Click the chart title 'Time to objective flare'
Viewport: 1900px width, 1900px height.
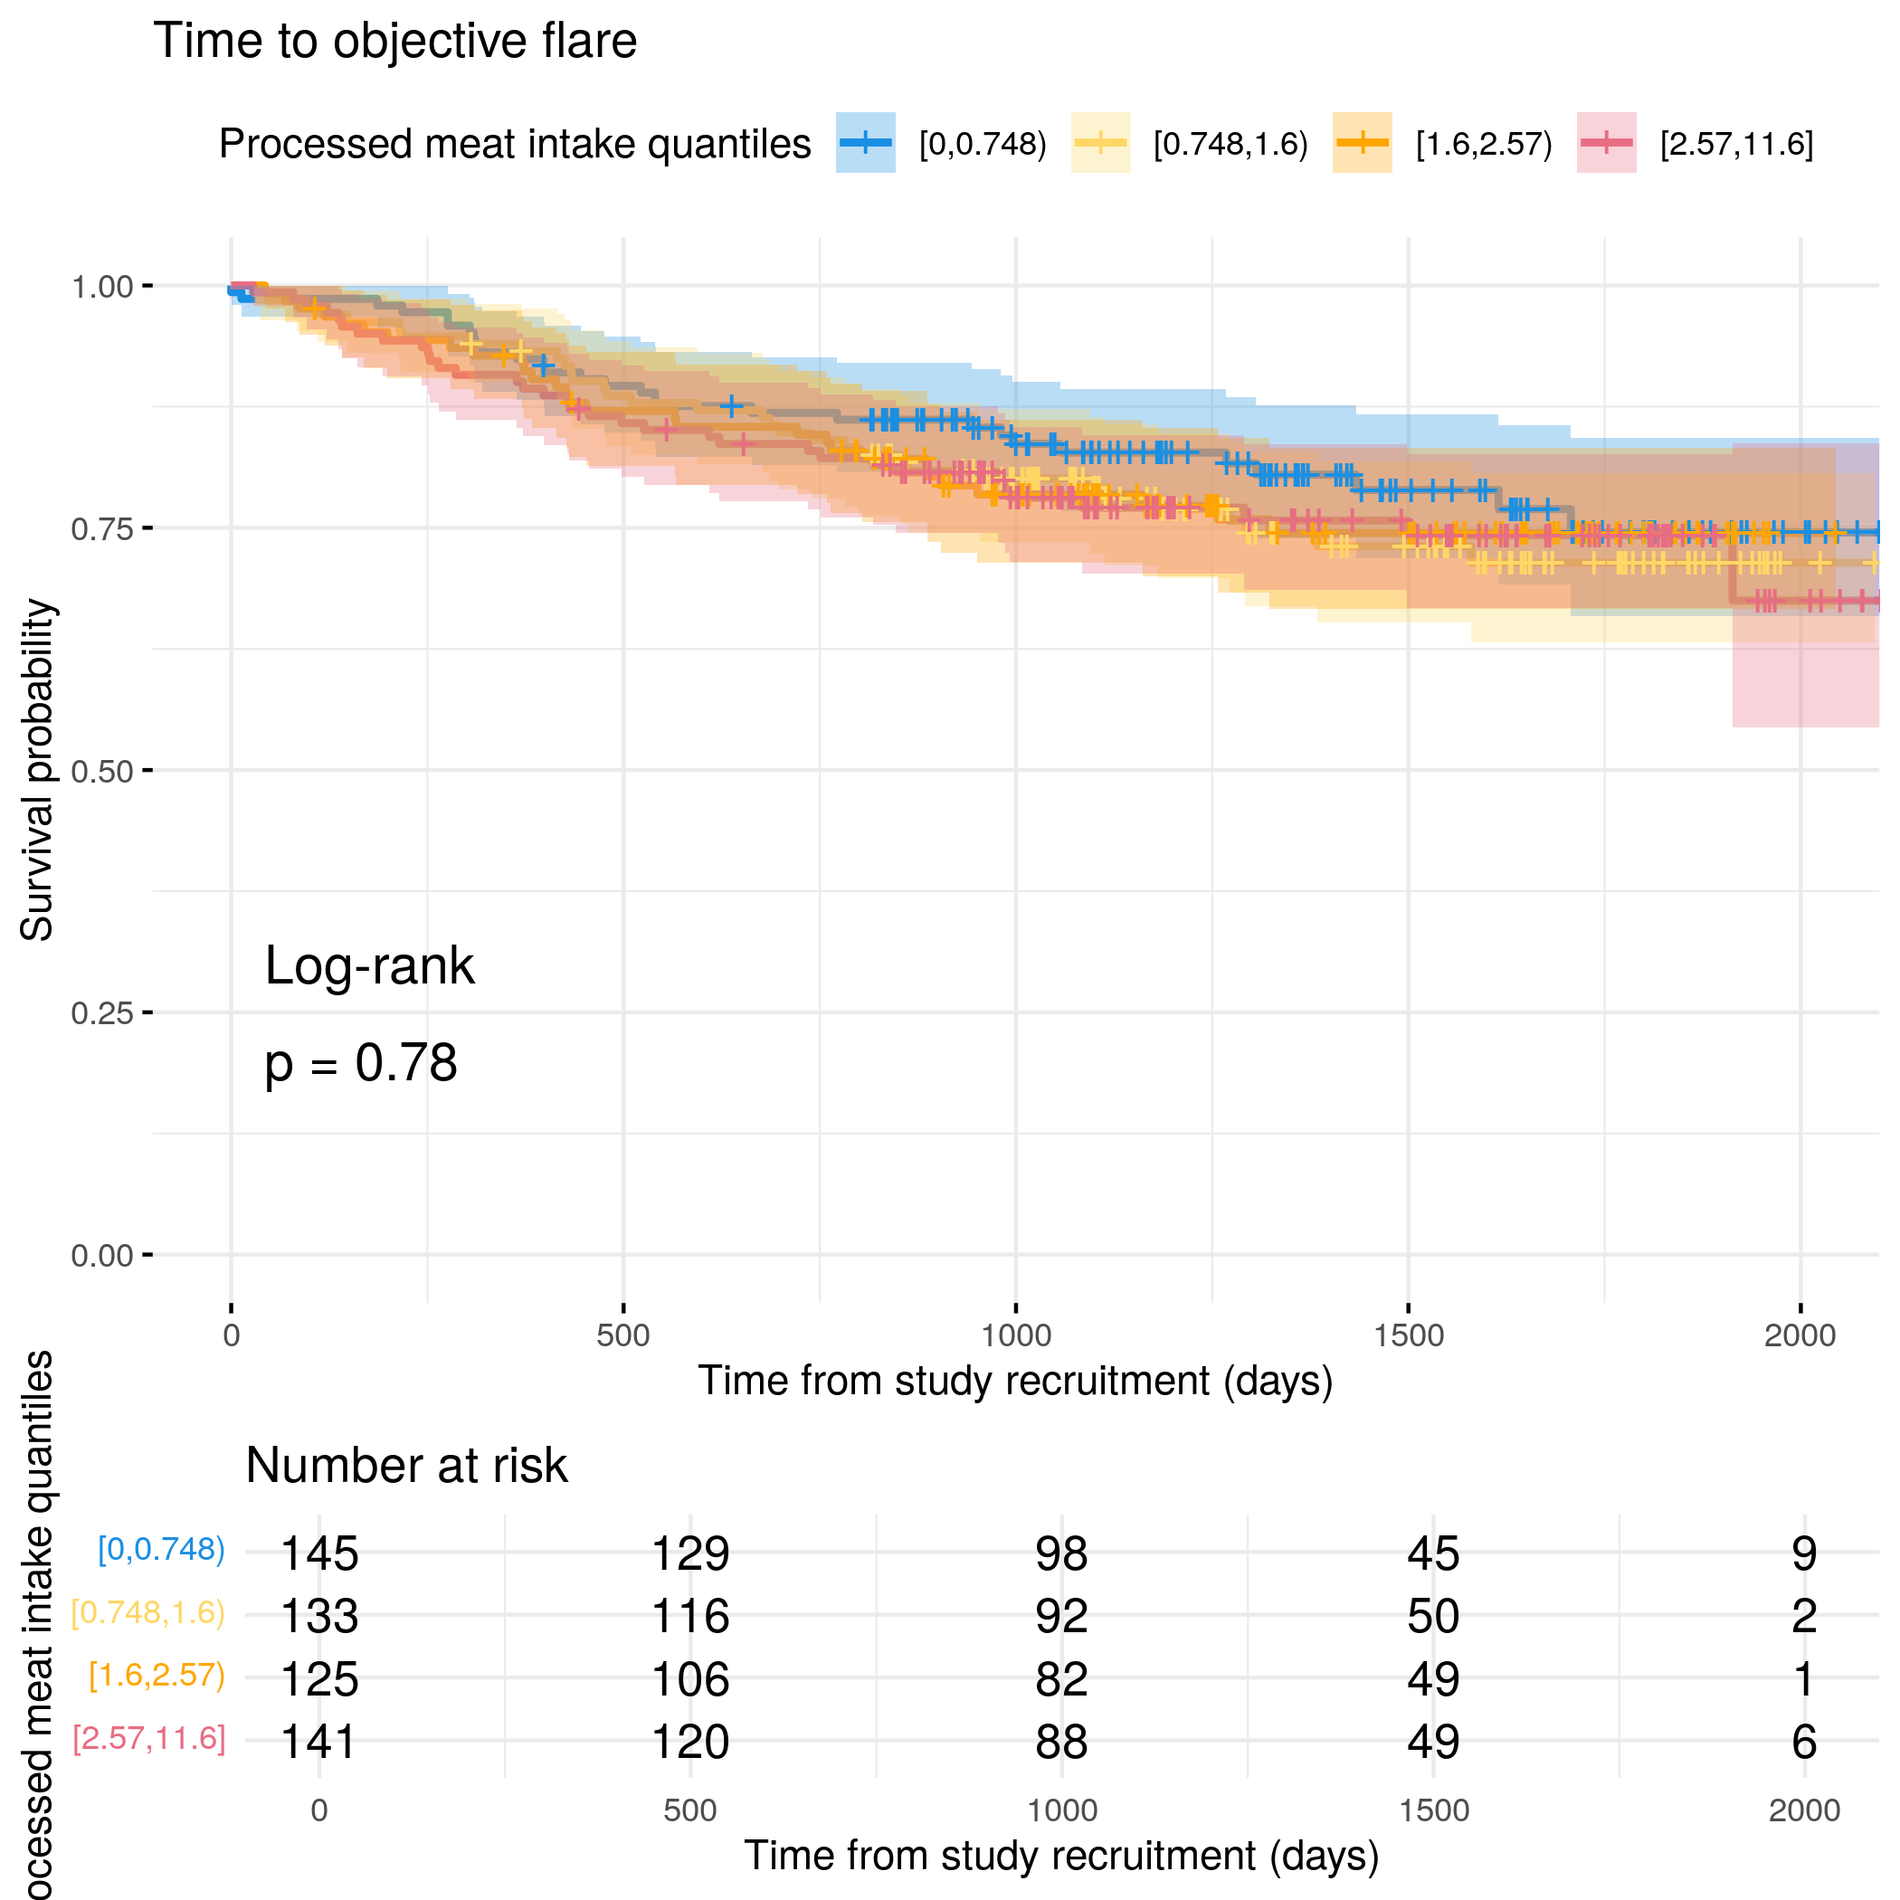394,42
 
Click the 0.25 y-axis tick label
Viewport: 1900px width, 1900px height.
101,1013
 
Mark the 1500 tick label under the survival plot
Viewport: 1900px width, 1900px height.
1409,1335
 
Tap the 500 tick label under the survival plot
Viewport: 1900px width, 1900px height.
622,1335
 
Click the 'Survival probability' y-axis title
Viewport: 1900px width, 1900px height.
37,770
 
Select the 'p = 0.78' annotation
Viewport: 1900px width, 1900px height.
361,1063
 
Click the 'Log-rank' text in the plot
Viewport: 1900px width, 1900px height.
369,965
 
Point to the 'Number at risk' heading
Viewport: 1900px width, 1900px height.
406,1467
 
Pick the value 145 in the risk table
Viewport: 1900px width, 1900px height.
318,1553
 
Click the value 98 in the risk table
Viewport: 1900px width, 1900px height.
1061,1553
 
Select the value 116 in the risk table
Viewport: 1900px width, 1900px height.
690,1617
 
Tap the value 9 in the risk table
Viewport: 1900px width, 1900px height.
1803,1553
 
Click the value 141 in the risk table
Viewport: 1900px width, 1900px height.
318,1742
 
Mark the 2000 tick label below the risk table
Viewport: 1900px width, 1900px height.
1803,1810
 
